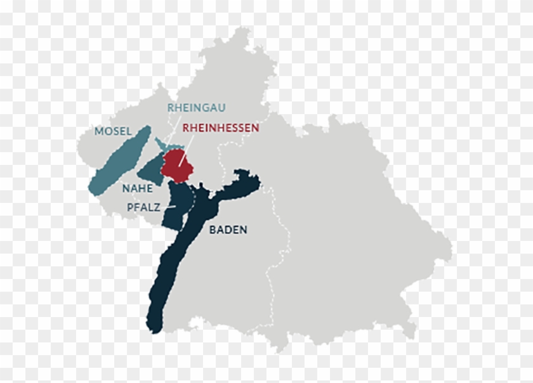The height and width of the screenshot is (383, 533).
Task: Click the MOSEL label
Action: pyautogui.click(x=113, y=131)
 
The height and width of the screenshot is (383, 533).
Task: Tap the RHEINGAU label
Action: pyautogui.click(x=196, y=108)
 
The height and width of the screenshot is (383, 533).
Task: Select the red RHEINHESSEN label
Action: pyautogui.click(x=220, y=127)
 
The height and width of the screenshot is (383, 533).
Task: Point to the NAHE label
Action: pyautogui.click(x=138, y=188)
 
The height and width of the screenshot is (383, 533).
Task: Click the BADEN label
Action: pyautogui.click(x=228, y=230)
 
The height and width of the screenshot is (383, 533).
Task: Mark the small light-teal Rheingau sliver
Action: pyautogui.click(x=160, y=144)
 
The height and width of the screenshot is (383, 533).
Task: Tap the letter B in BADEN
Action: pyautogui.click(x=213, y=230)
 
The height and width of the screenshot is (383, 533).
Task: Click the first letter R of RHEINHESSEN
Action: pyautogui.click(x=185, y=127)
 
